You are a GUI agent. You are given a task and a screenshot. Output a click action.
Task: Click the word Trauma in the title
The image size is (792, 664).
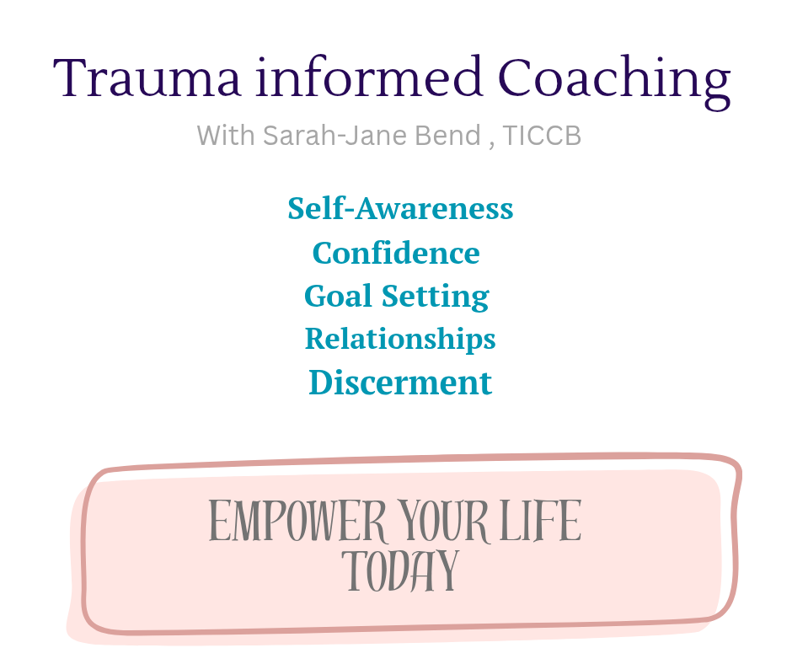click(x=147, y=77)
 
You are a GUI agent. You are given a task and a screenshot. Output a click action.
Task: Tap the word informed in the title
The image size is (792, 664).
click(x=369, y=76)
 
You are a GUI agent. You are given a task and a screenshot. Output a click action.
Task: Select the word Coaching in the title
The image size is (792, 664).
click(x=614, y=82)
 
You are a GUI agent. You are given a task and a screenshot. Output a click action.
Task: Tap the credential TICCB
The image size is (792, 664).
click(x=542, y=136)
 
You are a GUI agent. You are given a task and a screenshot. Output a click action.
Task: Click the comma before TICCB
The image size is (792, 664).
click(x=492, y=145)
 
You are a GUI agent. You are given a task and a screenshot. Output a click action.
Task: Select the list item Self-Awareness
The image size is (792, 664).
click(x=400, y=208)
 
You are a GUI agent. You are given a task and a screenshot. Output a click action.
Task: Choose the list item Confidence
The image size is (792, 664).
click(x=396, y=252)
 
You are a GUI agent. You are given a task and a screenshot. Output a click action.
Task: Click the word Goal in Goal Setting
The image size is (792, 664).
click(x=338, y=296)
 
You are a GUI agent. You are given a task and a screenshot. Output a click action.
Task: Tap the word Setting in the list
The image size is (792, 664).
click(x=436, y=297)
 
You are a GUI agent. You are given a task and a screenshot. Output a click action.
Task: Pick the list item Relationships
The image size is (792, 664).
click(x=400, y=340)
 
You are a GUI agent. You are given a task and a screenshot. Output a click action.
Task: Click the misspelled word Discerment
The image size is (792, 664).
click(x=400, y=382)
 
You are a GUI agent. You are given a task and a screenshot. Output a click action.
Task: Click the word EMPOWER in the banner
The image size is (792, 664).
click(x=297, y=521)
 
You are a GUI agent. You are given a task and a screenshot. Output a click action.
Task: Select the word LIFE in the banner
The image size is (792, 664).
click(x=541, y=520)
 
